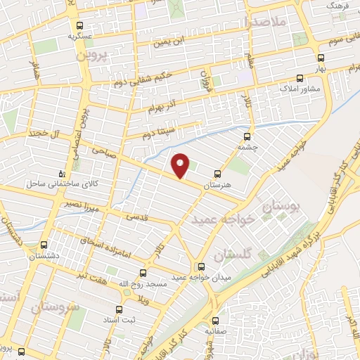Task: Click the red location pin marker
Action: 181,165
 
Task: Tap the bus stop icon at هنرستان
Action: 217,172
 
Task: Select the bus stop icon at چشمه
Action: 247,136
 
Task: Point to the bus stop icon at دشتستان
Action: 44,246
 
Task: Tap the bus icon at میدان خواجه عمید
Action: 202,266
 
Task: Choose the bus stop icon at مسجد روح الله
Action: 143,272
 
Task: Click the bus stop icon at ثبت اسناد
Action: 119,309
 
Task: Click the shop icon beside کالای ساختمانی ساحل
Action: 62,173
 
